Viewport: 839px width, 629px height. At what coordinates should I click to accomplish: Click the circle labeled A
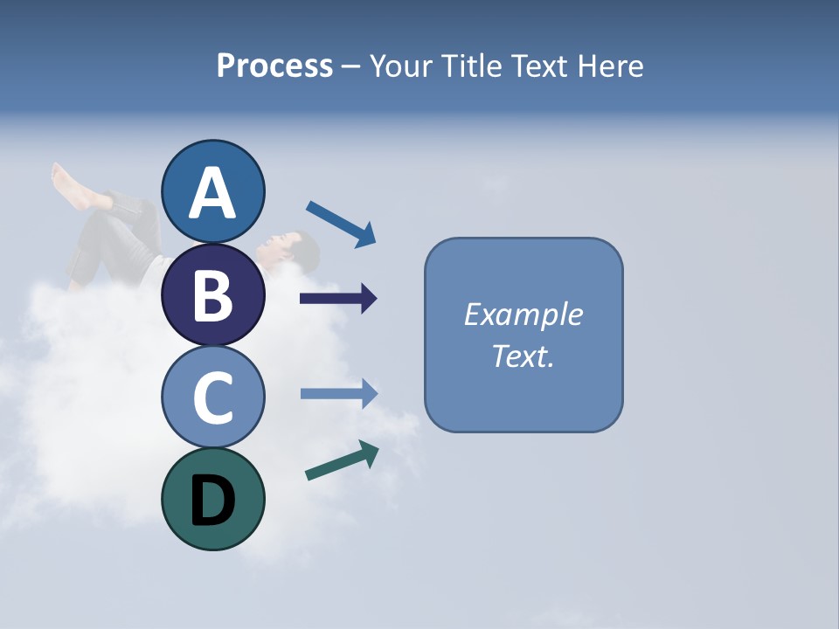pyautogui.click(x=213, y=191)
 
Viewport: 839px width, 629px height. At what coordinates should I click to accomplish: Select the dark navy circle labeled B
pyautogui.click(x=213, y=294)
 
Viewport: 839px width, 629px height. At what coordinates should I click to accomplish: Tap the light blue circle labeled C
pyautogui.click(x=213, y=397)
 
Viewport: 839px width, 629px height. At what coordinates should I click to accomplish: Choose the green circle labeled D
pyautogui.click(x=213, y=499)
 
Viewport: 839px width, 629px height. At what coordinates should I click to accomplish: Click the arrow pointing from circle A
pyautogui.click(x=341, y=223)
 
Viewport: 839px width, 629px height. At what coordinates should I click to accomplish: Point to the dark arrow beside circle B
pyautogui.click(x=338, y=299)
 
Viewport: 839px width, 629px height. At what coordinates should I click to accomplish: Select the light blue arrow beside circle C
pyautogui.click(x=339, y=393)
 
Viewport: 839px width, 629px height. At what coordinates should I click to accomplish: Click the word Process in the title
pyautogui.click(x=274, y=66)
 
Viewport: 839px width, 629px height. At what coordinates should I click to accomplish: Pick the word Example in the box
pyautogui.click(x=523, y=314)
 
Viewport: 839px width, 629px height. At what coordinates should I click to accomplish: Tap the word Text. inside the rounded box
pyautogui.click(x=523, y=356)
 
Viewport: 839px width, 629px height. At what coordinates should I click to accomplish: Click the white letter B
pyautogui.click(x=213, y=294)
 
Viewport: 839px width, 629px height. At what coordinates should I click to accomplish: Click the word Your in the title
pyautogui.click(x=401, y=66)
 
